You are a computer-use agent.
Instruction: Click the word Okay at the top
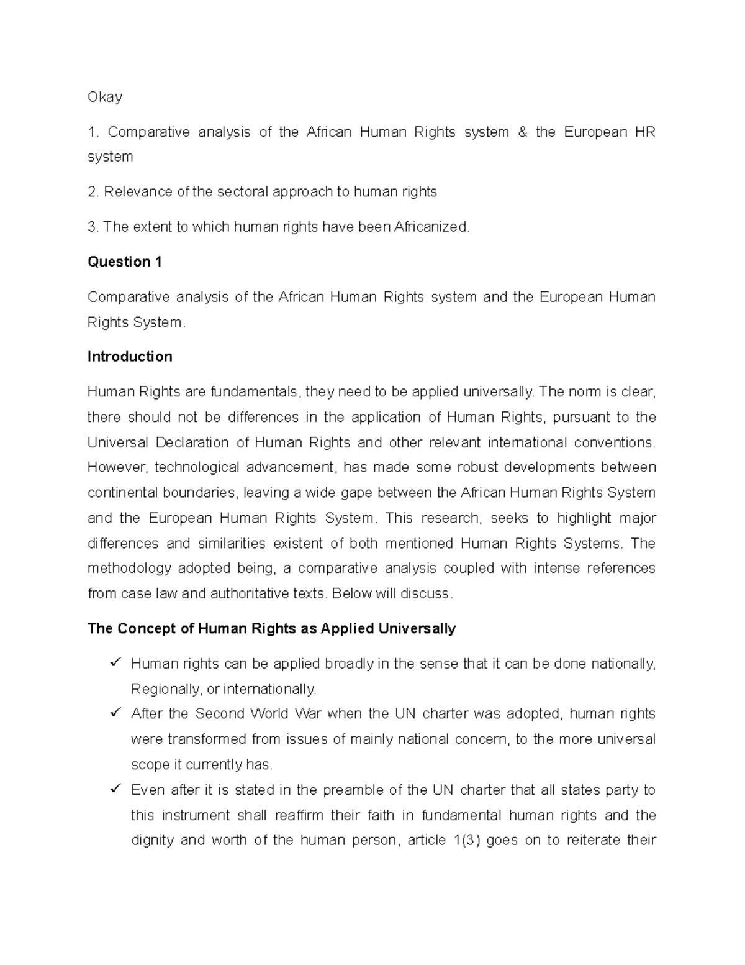point(105,97)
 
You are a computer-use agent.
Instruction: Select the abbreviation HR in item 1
point(645,132)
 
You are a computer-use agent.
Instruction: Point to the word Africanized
point(431,227)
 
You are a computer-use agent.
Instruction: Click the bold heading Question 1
point(125,262)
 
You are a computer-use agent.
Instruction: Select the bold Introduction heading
point(130,357)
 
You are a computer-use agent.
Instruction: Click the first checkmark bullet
point(115,663)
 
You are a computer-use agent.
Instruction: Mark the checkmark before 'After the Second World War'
point(115,713)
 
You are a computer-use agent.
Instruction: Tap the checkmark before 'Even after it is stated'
point(115,789)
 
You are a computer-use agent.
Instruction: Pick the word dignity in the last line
point(152,841)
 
